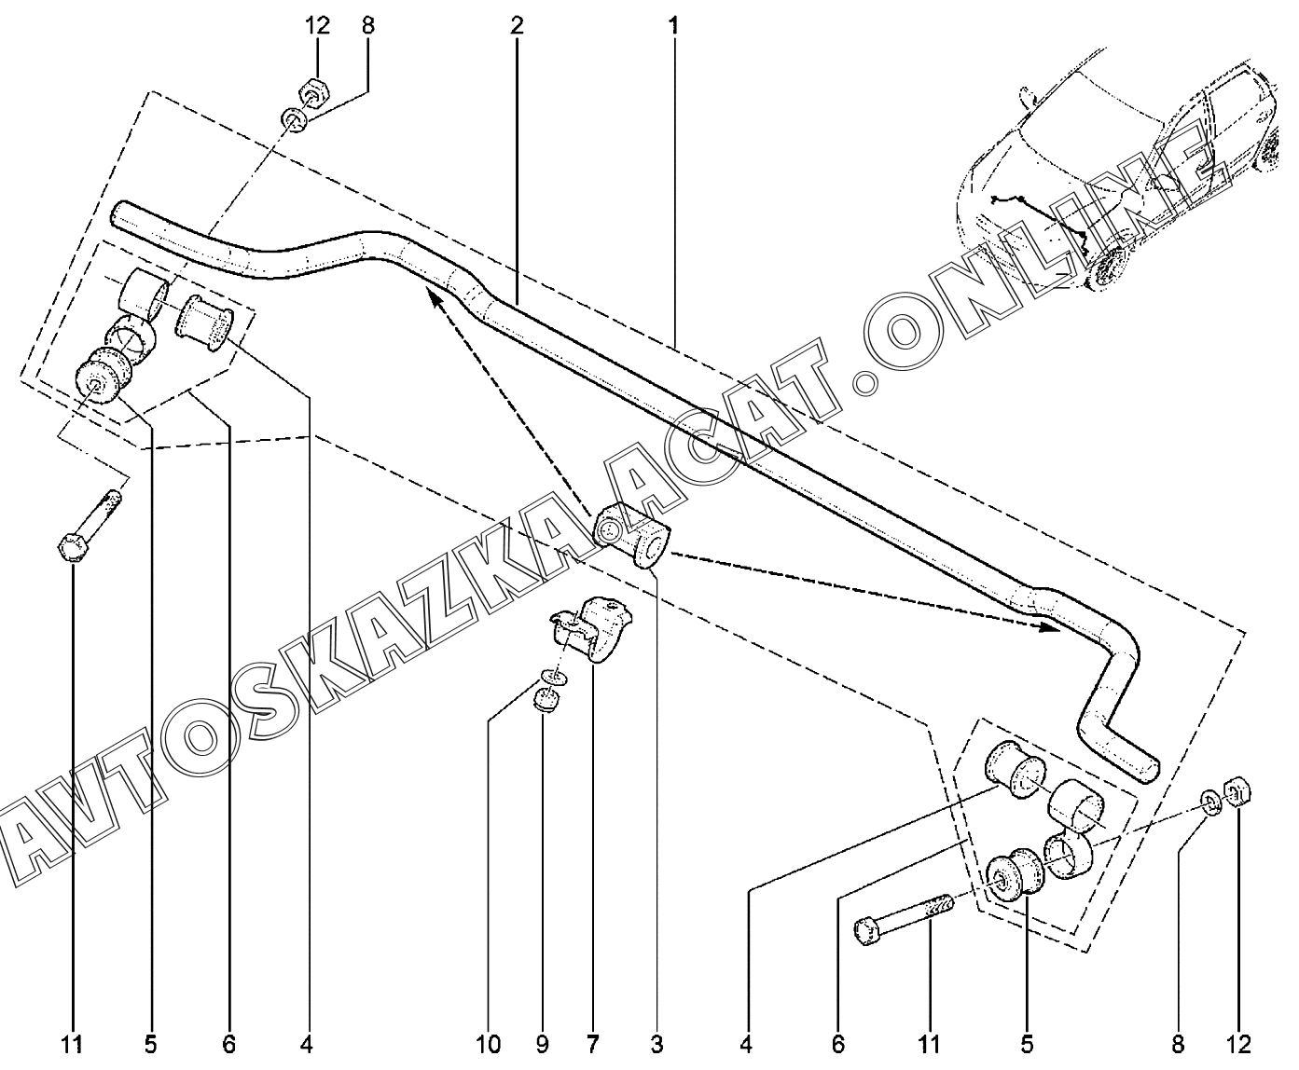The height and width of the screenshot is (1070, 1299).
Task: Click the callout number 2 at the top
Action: (x=517, y=26)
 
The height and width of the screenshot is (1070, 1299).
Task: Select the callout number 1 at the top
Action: (x=674, y=26)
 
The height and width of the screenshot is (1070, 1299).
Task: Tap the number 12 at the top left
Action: (x=317, y=26)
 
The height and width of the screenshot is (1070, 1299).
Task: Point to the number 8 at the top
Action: (x=367, y=26)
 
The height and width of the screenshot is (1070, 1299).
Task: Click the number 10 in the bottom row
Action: (x=489, y=1045)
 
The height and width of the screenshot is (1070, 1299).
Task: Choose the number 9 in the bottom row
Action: (x=543, y=1045)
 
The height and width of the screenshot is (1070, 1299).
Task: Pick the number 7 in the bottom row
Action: (x=592, y=1045)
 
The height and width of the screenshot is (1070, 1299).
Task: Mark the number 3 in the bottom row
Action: (x=657, y=1045)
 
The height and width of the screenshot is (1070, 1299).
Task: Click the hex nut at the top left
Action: (x=315, y=92)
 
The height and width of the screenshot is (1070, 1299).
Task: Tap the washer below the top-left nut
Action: (x=295, y=120)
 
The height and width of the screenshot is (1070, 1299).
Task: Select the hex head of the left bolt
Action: (x=72, y=546)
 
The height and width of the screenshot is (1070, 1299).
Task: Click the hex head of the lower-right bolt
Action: (x=866, y=932)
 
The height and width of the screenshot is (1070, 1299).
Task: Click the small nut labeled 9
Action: (x=546, y=700)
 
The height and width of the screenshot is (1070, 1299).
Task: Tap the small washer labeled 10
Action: (x=554, y=677)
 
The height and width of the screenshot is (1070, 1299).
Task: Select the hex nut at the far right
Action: (x=1237, y=792)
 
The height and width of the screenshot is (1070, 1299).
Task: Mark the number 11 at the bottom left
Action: (x=72, y=1045)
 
